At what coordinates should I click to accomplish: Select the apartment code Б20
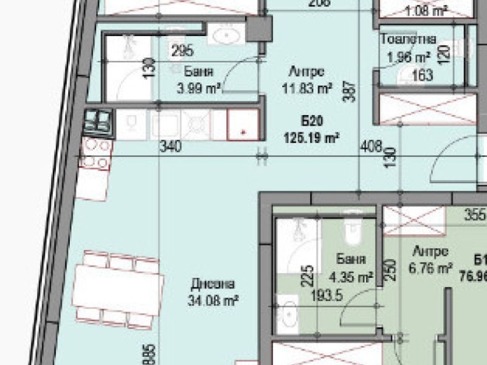[311, 123]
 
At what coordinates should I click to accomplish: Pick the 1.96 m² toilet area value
[409, 57]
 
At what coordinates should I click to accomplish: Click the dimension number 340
[169, 147]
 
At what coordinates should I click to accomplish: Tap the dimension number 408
[372, 147]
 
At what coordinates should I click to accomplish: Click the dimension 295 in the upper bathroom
[182, 51]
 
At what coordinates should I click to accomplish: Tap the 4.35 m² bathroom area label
[351, 276]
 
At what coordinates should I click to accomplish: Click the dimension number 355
[475, 218]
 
